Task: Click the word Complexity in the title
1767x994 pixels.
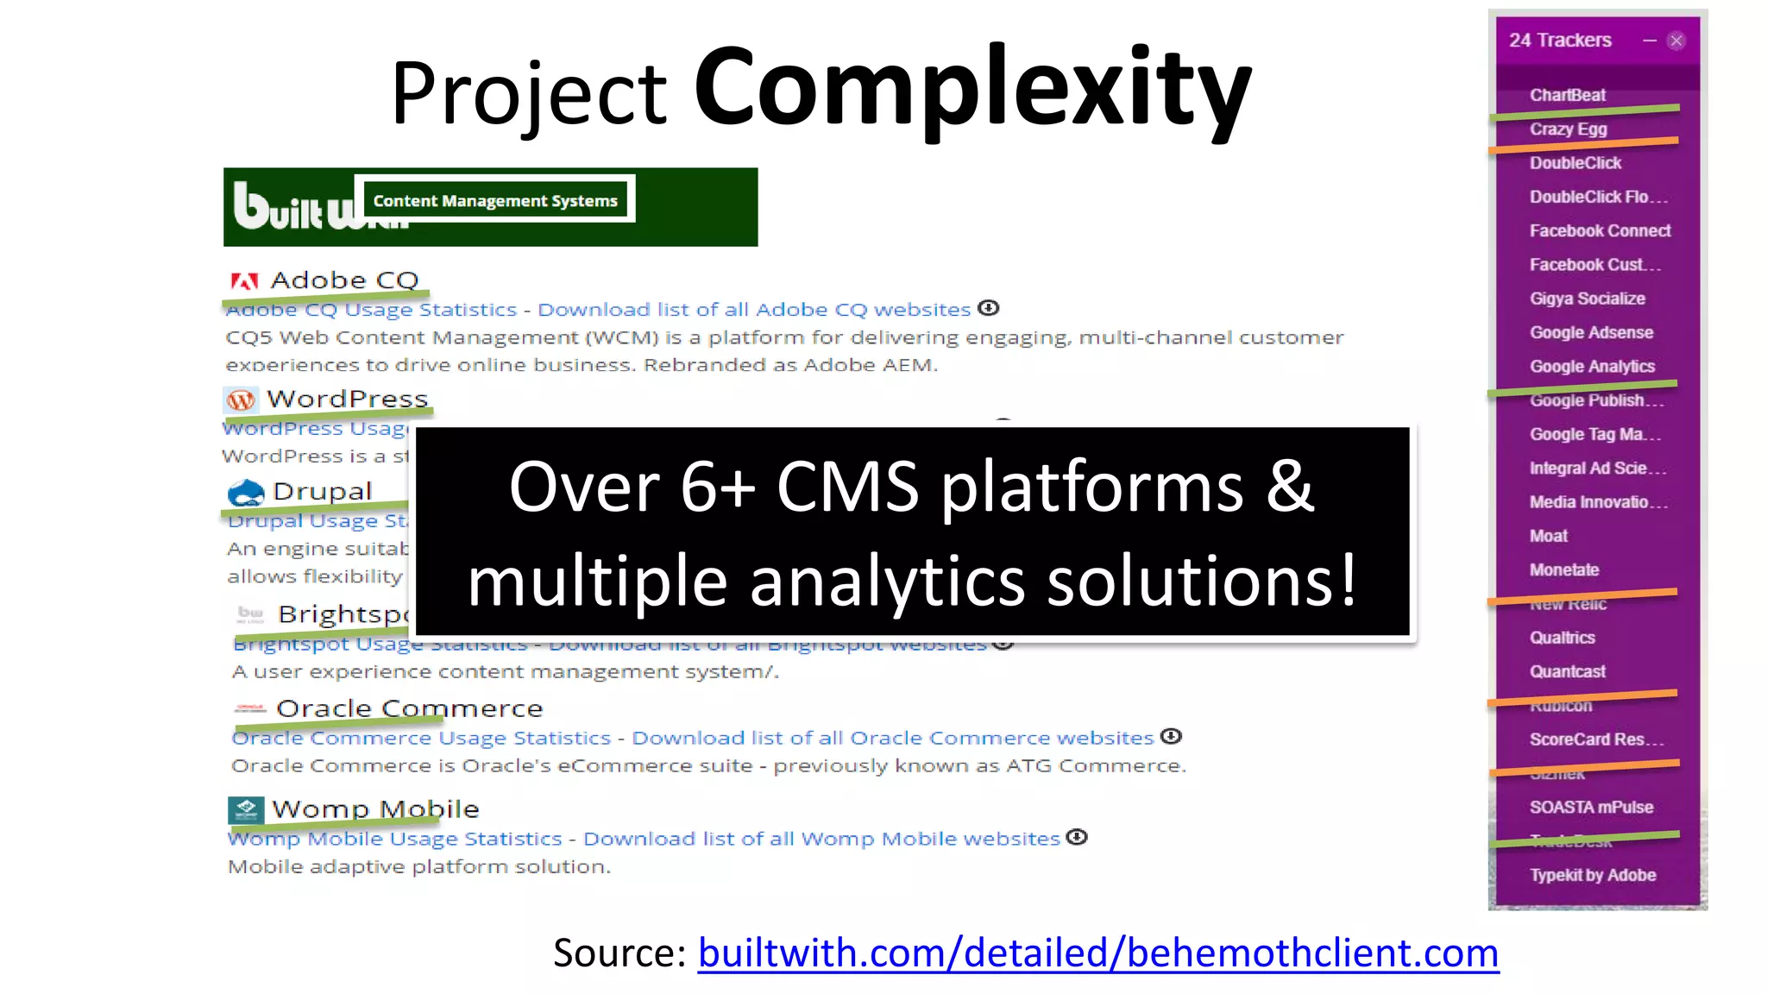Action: pos(972,88)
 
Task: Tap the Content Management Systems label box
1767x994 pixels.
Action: pos(495,200)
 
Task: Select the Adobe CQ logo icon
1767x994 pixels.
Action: pos(244,280)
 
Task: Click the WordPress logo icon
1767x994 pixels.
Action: pos(241,399)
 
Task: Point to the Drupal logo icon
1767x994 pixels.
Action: pos(246,493)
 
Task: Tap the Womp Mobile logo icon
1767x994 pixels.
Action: pos(246,809)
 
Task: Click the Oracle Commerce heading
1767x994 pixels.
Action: pos(409,708)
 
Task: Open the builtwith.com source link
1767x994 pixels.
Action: pos(1097,953)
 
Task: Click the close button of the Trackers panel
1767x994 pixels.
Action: pos(1676,41)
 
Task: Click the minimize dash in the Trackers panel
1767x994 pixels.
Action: pos(1650,41)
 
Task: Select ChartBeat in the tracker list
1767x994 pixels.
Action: pos(1567,95)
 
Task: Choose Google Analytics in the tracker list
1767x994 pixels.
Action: pos(1592,367)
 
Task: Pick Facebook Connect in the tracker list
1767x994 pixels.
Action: pos(1600,230)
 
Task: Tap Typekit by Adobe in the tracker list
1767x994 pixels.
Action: pos(1593,875)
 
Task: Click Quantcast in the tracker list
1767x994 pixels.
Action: pos(1567,671)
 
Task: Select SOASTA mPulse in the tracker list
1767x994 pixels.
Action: pos(1591,807)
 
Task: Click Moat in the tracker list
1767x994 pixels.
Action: pos(1548,536)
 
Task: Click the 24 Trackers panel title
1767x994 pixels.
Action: pos(1560,41)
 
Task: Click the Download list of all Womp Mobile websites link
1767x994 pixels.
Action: pos(821,839)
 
